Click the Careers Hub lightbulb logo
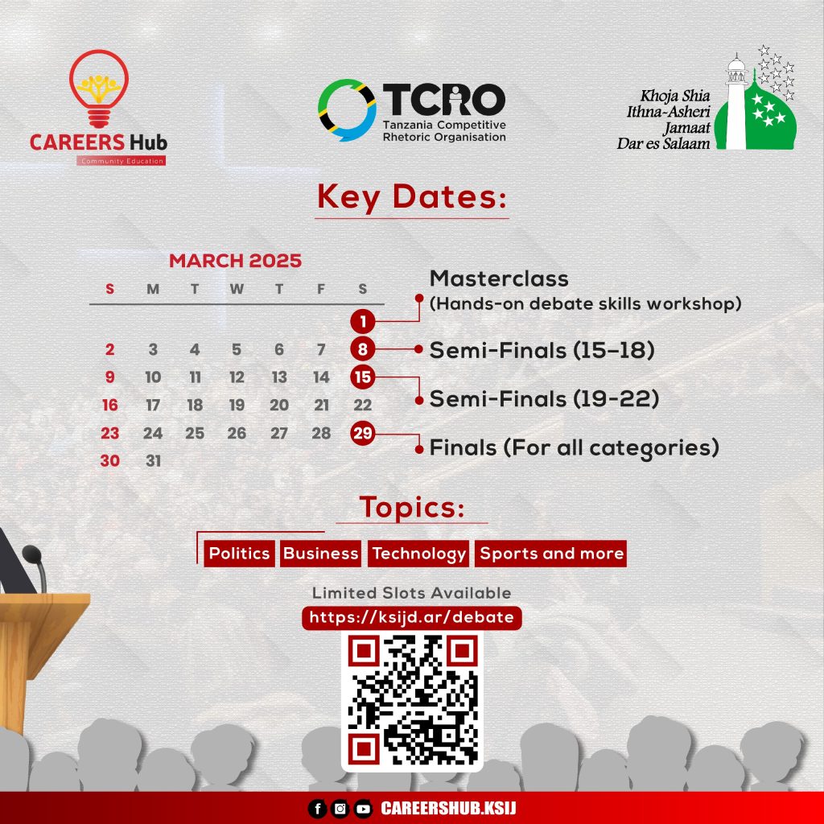[99, 89]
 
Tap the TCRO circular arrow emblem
[347, 109]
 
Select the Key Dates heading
[412, 197]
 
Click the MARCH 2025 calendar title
[236, 261]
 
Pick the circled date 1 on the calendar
[363, 321]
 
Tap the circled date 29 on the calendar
[363, 433]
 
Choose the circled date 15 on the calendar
[363, 377]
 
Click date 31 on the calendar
[153, 461]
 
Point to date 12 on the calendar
[237, 377]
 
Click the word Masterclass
[499, 278]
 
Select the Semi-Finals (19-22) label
[545, 399]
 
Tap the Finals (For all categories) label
[575, 448]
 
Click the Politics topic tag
[239, 554]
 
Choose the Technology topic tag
[418, 554]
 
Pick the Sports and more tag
[550, 554]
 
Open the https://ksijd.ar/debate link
[411, 617]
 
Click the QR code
[413, 701]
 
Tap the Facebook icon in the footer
[317, 808]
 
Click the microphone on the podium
[35, 567]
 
